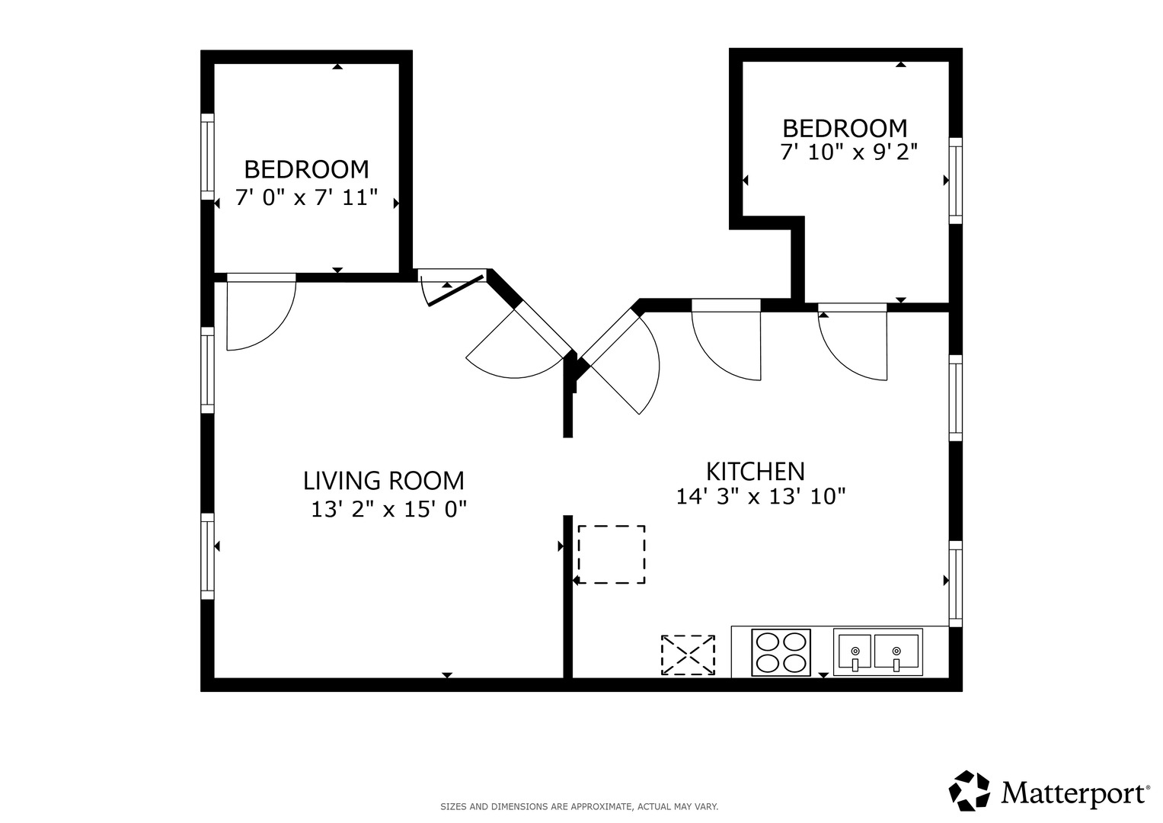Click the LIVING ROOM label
384,481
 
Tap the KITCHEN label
756,472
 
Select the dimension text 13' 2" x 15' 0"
389,509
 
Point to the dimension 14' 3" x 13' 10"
761,496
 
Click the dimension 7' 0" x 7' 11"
306,197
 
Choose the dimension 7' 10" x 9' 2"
849,152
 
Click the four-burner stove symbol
781,652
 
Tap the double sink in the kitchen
878,652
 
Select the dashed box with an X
688,655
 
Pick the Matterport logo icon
970,791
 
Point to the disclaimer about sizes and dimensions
580,806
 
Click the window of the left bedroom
207,156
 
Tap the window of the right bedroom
956,181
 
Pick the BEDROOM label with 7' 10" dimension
845,128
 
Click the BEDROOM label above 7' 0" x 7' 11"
306,169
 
